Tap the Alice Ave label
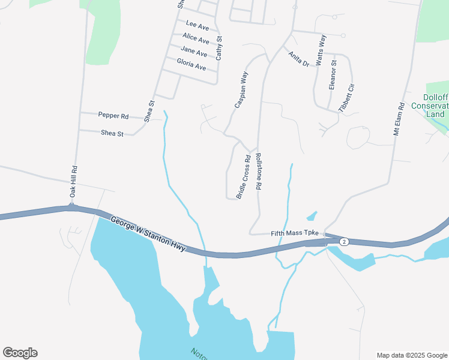point(196,39)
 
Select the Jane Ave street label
point(193,52)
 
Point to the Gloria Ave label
point(191,64)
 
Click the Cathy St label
point(219,47)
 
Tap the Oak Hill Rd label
point(74,182)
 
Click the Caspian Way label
point(241,91)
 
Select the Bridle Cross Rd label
point(243,177)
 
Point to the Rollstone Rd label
point(258,172)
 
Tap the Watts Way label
point(321,50)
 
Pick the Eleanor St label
point(333,75)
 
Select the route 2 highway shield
point(343,241)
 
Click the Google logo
point(20,353)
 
